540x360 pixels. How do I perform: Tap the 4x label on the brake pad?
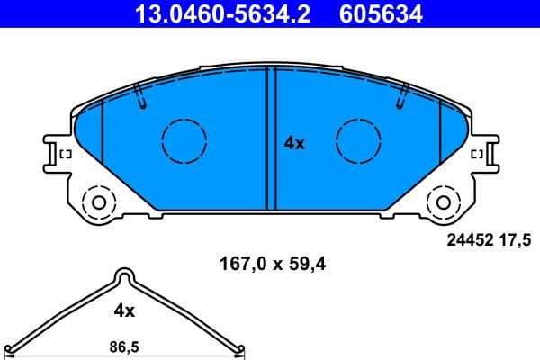[294, 142]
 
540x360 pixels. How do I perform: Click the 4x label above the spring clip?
[124, 310]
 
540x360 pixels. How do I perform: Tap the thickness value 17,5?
[519, 238]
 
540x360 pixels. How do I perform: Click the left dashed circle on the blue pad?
[184, 140]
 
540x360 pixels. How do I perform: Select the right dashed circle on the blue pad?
[358, 140]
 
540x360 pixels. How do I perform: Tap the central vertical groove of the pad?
[271, 139]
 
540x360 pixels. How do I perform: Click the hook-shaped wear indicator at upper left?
[140, 97]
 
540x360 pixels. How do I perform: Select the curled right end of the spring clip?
[239, 351]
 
